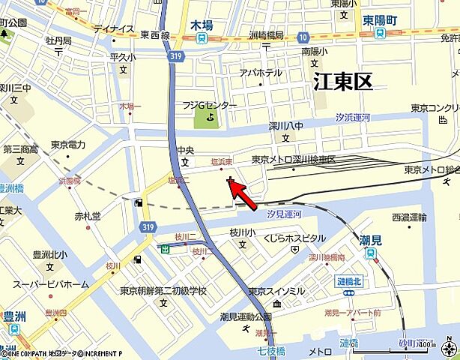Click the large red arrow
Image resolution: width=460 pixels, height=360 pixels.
pyautogui.click(x=245, y=195)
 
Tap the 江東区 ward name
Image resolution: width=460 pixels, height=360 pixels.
pyautogui.click(x=342, y=82)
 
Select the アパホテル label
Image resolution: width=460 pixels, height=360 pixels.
pyautogui.click(x=261, y=73)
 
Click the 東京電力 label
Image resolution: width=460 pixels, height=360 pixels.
pyautogui.click(x=68, y=145)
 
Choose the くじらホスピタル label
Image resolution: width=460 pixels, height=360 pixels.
pyautogui.click(x=294, y=238)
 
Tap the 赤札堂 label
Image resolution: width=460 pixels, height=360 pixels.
pyautogui.click(x=87, y=216)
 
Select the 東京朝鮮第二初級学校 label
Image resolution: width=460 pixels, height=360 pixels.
pyautogui.click(x=163, y=290)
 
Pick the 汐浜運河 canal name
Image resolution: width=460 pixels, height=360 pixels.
pyautogui.click(x=352, y=118)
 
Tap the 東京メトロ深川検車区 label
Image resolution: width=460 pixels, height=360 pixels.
pyautogui.click(x=294, y=160)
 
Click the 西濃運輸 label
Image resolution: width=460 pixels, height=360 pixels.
pyautogui.click(x=409, y=217)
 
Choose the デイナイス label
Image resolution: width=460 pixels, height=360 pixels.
pyautogui.click(x=114, y=29)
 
